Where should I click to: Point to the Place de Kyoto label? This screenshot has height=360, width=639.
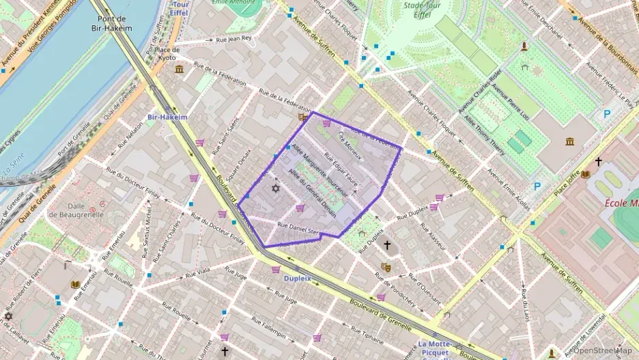coord(167,53)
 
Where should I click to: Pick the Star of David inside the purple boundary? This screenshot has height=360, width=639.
coord(276,188)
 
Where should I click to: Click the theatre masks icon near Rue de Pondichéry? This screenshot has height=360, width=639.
coord(386,267)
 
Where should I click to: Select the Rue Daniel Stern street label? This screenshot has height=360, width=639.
coord(298,229)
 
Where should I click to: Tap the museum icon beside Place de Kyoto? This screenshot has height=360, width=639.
coord(179,69)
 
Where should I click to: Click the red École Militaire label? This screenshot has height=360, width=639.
coord(622,203)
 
